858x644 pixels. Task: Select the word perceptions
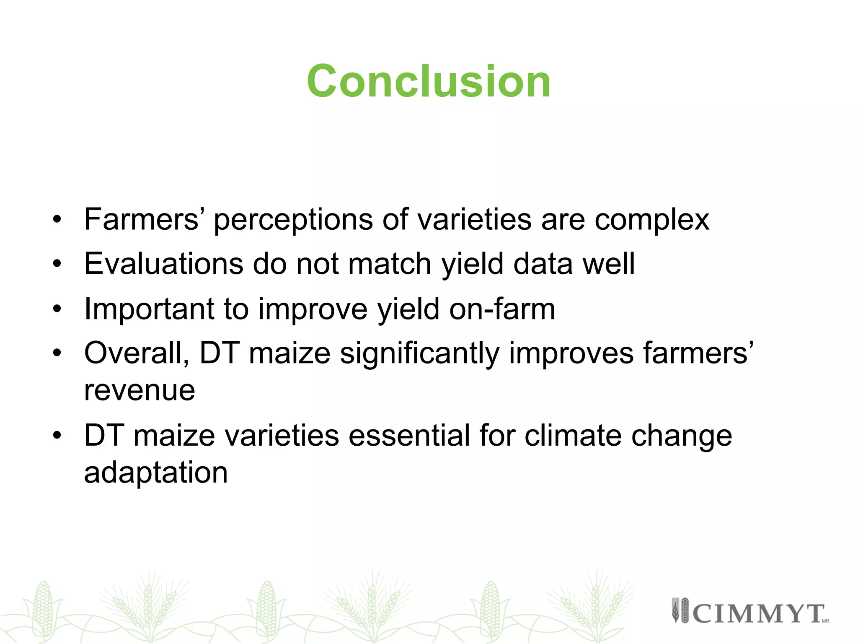[x=293, y=220]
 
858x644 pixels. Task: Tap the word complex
[x=652, y=220]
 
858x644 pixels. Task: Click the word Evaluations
[x=164, y=264]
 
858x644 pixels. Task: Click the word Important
[x=149, y=309]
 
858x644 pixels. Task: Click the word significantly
[x=419, y=354]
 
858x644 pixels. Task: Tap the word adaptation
[x=156, y=473]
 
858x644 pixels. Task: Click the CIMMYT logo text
[x=758, y=613]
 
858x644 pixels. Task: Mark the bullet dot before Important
[x=57, y=309]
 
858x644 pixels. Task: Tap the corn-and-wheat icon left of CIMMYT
[x=680, y=610]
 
